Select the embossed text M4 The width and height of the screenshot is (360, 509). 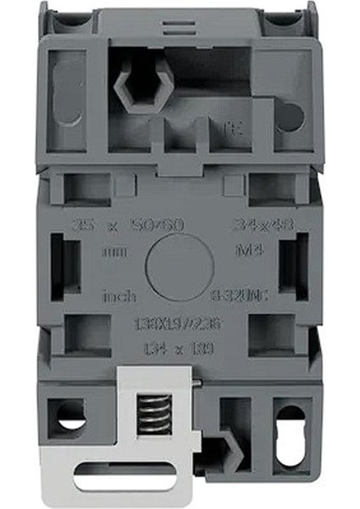(x=244, y=252)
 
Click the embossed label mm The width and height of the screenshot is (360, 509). (x=111, y=252)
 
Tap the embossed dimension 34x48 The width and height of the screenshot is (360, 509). (x=252, y=226)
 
